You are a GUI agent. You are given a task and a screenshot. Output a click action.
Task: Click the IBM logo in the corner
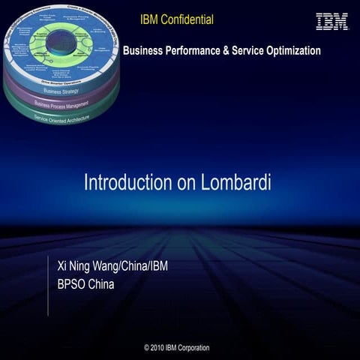click(332, 21)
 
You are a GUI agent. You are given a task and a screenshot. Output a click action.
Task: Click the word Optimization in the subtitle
click(291, 51)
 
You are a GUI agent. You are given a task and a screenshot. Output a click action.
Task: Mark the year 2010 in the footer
click(163, 348)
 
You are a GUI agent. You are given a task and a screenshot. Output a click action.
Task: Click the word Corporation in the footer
click(194, 348)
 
